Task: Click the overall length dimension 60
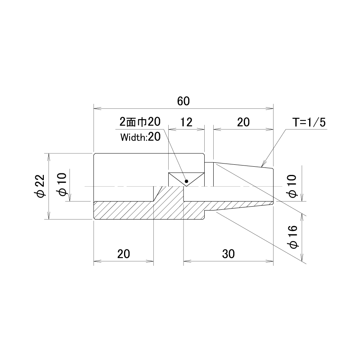click(x=184, y=101)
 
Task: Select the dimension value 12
click(x=186, y=122)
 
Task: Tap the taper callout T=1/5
click(x=309, y=122)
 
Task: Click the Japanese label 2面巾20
click(x=140, y=122)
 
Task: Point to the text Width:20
click(x=140, y=137)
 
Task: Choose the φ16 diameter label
click(x=293, y=237)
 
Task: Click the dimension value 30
click(x=228, y=254)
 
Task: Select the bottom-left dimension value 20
click(x=124, y=254)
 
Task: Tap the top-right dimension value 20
click(x=243, y=122)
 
